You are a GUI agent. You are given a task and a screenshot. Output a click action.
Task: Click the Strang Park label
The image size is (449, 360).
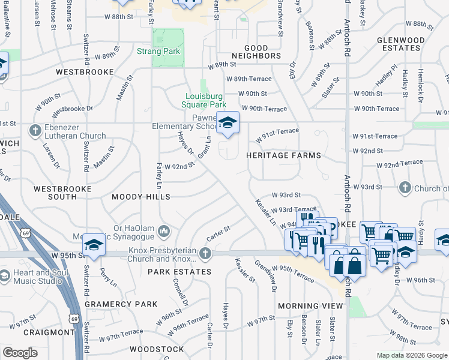[x=158, y=52]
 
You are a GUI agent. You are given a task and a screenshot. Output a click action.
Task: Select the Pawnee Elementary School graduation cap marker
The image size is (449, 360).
[x=228, y=123]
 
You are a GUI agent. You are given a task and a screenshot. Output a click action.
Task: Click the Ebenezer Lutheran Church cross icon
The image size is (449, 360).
[x=35, y=130]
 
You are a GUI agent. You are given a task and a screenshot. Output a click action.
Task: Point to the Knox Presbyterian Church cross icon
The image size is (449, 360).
[x=205, y=253]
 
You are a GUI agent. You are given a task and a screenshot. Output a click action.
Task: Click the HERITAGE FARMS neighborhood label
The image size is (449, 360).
[x=283, y=155]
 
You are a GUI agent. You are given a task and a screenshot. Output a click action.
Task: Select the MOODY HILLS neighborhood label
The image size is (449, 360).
[x=141, y=197]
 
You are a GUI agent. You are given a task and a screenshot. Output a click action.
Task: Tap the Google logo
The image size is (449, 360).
[x=20, y=353]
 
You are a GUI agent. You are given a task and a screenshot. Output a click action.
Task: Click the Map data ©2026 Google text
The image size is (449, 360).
[x=411, y=355]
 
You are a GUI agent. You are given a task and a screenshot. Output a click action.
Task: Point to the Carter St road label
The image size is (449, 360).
[x=218, y=232]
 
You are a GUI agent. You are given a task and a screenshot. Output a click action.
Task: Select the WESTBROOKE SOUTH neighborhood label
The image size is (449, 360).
[x=63, y=193]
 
